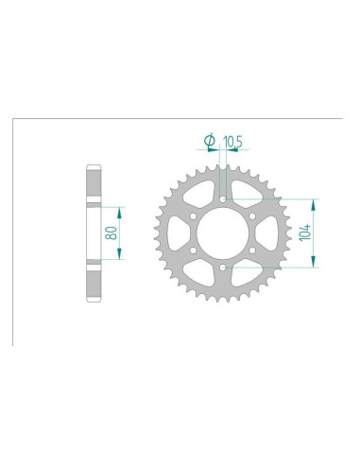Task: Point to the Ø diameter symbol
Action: tap(210, 143)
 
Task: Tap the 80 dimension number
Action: tap(111, 233)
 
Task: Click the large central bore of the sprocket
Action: tap(221, 233)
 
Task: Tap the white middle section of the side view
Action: tap(93, 233)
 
